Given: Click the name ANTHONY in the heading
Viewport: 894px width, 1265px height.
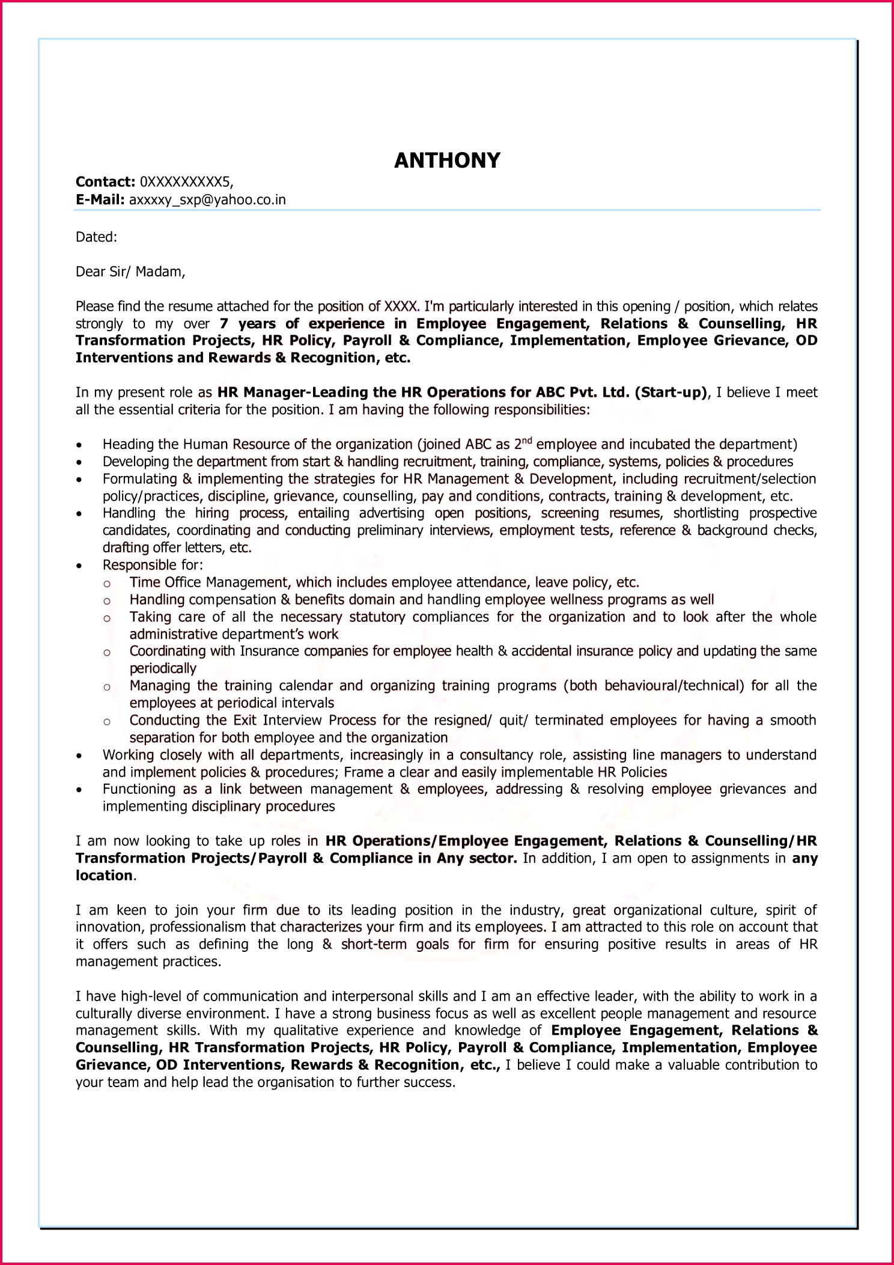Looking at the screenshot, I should tap(447, 160).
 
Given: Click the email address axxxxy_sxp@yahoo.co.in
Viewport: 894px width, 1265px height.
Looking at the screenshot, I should tap(207, 200).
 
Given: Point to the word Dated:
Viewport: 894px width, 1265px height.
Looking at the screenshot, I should tap(96, 237).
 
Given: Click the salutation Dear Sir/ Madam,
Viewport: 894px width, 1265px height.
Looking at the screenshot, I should tap(130, 272).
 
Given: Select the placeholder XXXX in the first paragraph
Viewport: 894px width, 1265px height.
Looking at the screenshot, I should tap(401, 306).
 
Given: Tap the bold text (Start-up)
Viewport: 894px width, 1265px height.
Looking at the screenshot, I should tap(671, 393).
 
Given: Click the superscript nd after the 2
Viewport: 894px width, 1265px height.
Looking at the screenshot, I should tap(527, 441).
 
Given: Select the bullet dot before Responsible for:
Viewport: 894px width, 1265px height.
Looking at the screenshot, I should tap(79, 566).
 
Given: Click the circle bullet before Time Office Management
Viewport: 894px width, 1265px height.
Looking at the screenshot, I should tap(107, 584).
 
